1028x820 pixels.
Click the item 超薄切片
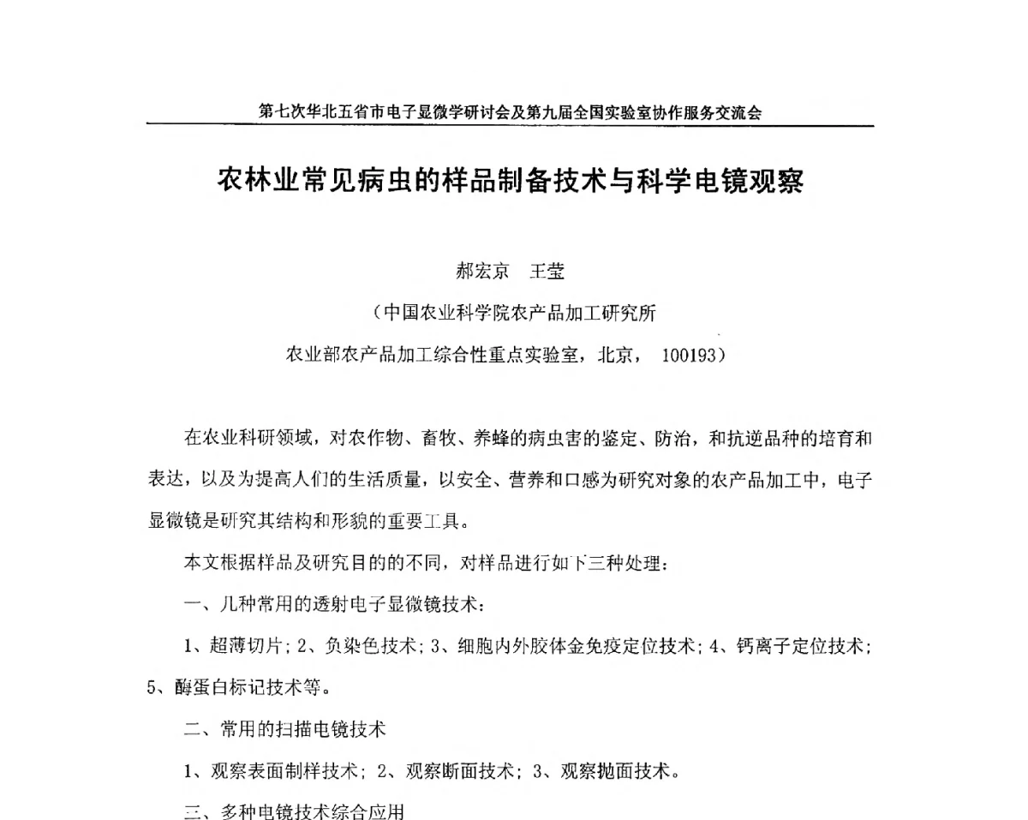(243, 646)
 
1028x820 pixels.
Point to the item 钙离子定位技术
(800, 646)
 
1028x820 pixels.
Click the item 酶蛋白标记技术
(242, 688)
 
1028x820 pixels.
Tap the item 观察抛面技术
(612, 771)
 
